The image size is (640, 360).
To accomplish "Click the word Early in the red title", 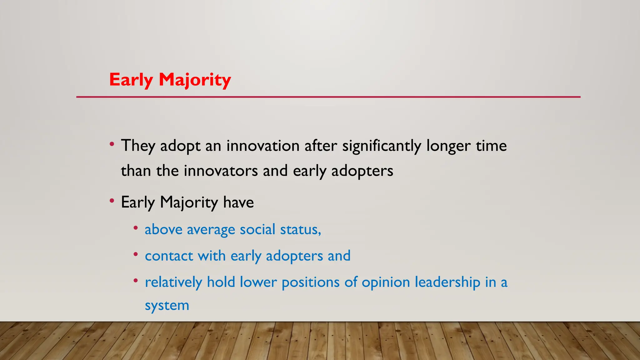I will (x=131, y=80).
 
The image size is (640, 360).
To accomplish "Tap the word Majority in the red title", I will (x=195, y=80).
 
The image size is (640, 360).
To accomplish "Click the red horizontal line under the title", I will (x=328, y=97).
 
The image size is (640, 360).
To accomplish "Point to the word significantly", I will (x=382, y=146).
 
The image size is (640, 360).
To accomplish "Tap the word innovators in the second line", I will (x=221, y=171).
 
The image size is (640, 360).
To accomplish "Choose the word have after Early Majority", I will (x=238, y=202).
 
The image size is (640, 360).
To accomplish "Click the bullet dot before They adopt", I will (x=112, y=144).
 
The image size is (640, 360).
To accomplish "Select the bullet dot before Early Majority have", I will (x=112, y=201).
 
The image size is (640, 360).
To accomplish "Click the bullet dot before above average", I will (x=136, y=228).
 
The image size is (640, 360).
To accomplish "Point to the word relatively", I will (x=173, y=282).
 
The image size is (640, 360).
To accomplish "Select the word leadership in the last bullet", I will (x=447, y=282).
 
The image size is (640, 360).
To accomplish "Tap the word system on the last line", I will (x=167, y=306).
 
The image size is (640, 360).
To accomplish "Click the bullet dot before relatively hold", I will (x=136, y=281).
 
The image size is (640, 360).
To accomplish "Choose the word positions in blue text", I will (x=310, y=282).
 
